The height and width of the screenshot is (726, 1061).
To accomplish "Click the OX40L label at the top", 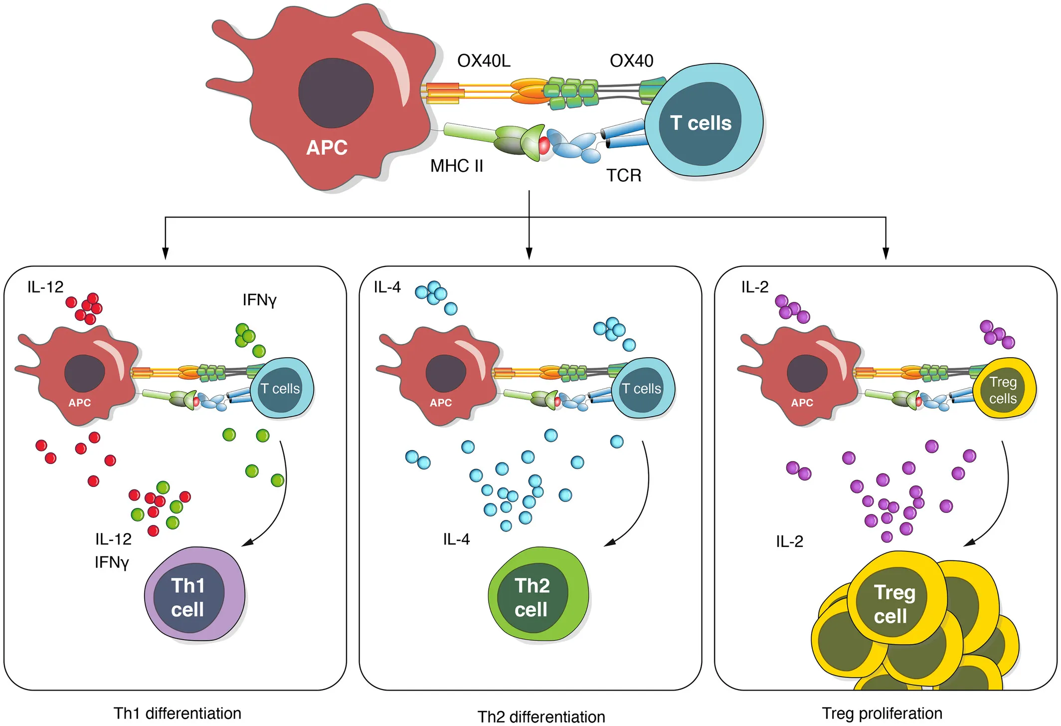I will click(x=484, y=61).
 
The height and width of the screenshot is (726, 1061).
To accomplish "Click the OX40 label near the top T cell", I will click(x=631, y=61).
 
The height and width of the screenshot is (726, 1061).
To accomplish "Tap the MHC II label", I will click(x=457, y=166).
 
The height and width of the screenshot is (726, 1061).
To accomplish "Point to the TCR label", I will click(x=624, y=176).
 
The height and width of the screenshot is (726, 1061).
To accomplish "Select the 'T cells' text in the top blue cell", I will click(x=701, y=123).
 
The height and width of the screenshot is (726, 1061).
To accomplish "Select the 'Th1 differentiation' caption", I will click(x=177, y=713).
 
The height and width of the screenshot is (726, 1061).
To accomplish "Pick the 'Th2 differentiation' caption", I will click(x=541, y=717).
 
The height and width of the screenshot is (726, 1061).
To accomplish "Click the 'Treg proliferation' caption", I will click(x=882, y=713).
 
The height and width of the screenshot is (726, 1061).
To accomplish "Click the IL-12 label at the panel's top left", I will click(x=45, y=287).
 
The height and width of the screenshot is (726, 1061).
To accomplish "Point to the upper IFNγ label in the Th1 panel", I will click(x=259, y=300).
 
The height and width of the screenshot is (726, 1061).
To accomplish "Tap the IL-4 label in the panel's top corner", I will click(x=387, y=287).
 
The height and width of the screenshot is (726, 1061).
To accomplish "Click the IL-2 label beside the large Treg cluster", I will click(x=789, y=541).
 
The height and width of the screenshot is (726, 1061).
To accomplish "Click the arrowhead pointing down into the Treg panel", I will click(x=885, y=253).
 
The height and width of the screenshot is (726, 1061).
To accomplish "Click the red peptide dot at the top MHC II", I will click(x=544, y=146).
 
